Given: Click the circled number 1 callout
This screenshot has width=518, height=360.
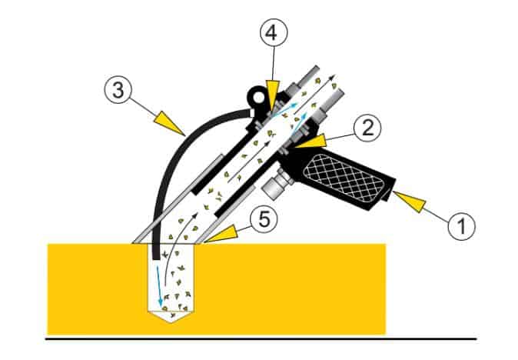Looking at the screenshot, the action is click(461, 226).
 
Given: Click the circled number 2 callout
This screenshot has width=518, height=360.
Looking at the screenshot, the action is click(367, 128).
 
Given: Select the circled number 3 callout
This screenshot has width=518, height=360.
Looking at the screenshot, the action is click(118, 90).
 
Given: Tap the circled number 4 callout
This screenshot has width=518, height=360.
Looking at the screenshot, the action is click(274, 33).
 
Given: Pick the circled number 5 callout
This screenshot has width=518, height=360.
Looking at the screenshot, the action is click(264, 220).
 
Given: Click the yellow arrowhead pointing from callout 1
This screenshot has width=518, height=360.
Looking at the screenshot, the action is click(408, 201).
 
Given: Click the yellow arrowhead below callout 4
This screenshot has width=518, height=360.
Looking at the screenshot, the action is click(273, 95).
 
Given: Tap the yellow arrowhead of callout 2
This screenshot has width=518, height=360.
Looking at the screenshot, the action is click(310, 142).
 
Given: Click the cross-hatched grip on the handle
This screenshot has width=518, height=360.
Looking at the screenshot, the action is click(344, 178).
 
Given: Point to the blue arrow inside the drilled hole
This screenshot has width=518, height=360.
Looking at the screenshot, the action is click(159, 286).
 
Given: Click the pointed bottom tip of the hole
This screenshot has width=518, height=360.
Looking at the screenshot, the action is click(171, 322).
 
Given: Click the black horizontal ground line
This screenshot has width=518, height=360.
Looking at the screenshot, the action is click(261, 338).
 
